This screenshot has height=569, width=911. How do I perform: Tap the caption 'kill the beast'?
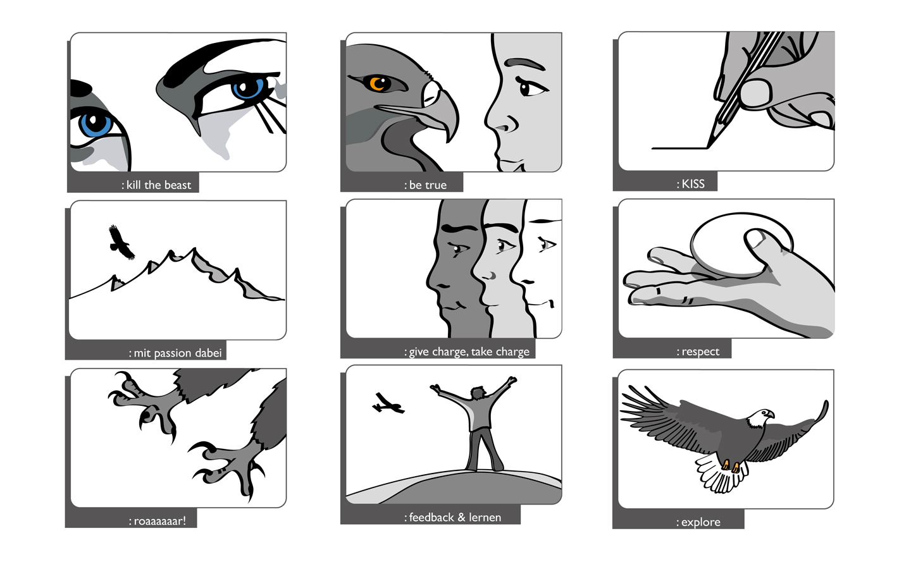coord(159,185)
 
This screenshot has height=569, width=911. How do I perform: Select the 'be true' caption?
coord(428,185)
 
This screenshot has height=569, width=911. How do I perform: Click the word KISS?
coord(693,184)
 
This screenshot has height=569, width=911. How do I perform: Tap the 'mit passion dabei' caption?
coord(178,353)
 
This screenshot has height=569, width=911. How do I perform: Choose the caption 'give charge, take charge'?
coord(469,352)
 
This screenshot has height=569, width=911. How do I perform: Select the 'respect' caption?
coord(700,352)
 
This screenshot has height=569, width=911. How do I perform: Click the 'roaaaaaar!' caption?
coord(160,521)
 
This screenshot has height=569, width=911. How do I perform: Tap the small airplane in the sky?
coord(388,403)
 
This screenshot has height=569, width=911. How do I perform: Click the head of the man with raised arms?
coord(478,393)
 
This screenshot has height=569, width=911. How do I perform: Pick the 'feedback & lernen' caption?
coord(455,517)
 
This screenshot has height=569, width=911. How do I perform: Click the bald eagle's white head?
coord(760,418)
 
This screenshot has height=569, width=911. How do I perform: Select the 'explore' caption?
coord(701,522)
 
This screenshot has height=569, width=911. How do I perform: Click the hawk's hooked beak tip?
coord(449,138)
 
